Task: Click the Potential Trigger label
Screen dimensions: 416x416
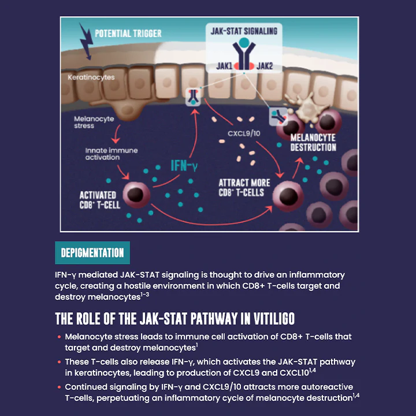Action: (x=128, y=33)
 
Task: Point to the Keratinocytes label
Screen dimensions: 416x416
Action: (x=91, y=77)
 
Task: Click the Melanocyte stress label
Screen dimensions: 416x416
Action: (x=94, y=122)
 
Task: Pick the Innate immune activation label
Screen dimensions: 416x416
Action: (x=111, y=154)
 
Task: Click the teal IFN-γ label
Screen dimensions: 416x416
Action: (x=184, y=166)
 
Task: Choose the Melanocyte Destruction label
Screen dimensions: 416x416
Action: (x=313, y=142)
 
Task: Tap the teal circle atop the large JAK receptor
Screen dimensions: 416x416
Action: (x=244, y=43)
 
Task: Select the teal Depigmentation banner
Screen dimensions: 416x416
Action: (x=92, y=253)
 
